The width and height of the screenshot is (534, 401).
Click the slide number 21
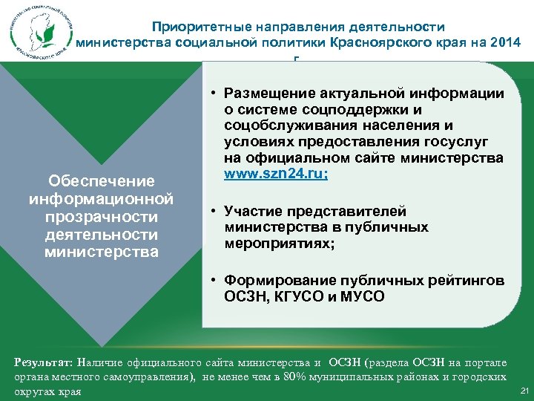point(524,391)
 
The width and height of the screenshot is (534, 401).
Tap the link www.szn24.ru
point(274,175)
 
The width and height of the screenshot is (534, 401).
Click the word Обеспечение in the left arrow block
point(101,181)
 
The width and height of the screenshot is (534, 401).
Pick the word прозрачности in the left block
point(101,217)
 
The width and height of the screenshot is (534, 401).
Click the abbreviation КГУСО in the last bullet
point(303,297)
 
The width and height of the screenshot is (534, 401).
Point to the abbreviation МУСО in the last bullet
point(363,297)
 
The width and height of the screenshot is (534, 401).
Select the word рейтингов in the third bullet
point(468,281)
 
